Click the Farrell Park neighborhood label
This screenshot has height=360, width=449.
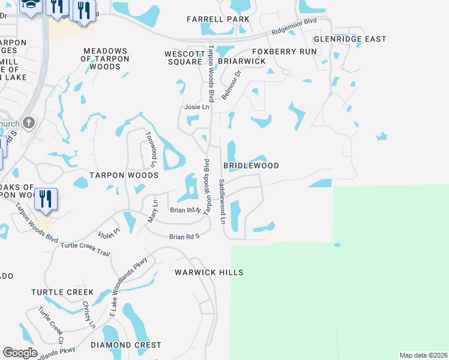pos(217,20)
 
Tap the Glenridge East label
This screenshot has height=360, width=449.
pos(350,39)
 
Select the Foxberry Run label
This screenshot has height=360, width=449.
pos(284,52)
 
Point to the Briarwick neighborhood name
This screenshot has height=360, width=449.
pos(241,61)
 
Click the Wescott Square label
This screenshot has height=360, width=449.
pos(183,58)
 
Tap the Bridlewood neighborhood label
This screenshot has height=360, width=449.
pos(251,165)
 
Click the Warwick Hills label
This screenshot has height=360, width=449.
pos(209,272)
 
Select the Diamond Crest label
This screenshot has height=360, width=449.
pos(126,345)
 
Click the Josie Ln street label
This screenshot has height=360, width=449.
pos(196,107)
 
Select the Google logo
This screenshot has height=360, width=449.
pos(20,353)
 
